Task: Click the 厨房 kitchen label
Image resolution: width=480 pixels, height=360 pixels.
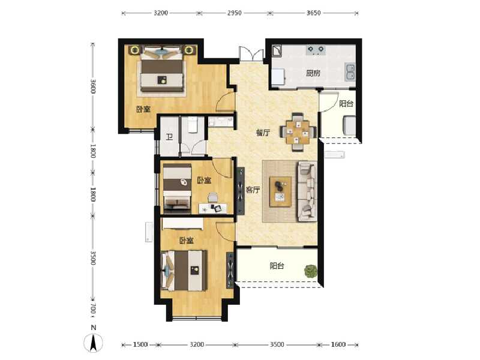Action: click(313, 74)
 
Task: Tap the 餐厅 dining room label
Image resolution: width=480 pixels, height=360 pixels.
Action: click(263, 133)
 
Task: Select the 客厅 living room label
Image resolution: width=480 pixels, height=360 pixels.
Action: click(253, 190)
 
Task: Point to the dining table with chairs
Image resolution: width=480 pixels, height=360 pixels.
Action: click(298, 131)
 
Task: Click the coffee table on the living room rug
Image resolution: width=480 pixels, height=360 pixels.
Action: click(281, 191)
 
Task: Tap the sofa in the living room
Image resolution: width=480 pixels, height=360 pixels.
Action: click(308, 191)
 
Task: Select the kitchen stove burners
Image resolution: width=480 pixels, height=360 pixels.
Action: click(316, 49)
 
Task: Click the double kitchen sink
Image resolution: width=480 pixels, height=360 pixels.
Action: click(350, 73)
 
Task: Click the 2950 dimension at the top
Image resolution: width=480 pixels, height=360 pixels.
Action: click(235, 12)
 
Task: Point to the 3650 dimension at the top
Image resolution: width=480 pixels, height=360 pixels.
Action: click(314, 12)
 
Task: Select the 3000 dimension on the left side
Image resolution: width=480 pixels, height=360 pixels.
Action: click(94, 86)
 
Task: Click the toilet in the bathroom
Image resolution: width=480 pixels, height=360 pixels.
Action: click(193, 125)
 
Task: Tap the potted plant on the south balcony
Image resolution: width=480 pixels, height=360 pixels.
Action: click(310, 271)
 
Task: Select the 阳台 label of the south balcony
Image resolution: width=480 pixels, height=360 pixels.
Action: click(277, 266)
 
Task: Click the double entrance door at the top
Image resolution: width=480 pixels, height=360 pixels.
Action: click(251, 54)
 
